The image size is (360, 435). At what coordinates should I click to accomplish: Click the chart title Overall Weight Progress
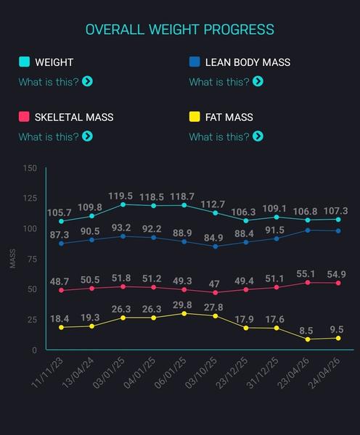point(180,30)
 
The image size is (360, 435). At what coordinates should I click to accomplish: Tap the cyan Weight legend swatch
point(24,62)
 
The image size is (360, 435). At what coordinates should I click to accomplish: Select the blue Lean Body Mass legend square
point(195,62)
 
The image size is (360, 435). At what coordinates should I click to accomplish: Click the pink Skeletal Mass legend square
point(24,117)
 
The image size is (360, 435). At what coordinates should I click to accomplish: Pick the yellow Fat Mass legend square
point(195,117)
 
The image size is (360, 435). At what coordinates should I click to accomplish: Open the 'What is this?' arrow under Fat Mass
point(258,136)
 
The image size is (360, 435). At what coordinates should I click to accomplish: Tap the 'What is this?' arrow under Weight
point(88,81)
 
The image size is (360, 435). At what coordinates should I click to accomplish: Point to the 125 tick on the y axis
point(30,198)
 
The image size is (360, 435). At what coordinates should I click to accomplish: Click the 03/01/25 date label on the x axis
point(109,373)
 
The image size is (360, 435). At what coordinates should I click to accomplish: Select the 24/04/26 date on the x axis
point(324,373)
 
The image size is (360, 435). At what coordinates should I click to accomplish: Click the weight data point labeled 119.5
point(123,204)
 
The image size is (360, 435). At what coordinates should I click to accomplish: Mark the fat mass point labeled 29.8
point(184,313)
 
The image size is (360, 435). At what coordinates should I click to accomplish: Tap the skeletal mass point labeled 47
point(216,293)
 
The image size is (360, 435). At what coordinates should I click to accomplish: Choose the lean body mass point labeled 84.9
point(216,246)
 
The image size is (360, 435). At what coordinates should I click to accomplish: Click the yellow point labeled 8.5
point(308,339)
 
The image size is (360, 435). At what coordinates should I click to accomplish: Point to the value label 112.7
point(213,204)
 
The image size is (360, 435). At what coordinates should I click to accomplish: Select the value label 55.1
point(306,274)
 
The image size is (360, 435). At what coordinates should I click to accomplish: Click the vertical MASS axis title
point(13,259)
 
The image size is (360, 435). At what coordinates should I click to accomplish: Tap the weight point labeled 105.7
point(62,221)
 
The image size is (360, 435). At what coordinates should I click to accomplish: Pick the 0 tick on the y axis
point(34,350)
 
